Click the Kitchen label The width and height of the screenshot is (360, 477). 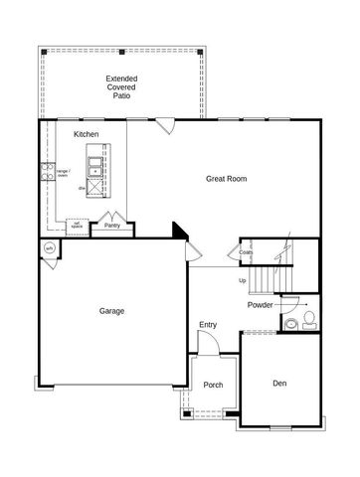[x=86, y=133]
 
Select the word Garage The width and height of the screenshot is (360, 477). [x=111, y=310]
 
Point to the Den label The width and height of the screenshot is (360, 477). [x=279, y=383]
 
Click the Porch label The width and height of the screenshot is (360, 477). [x=213, y=385]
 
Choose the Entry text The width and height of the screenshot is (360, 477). [x=207, y=324]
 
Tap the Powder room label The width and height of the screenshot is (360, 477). [x=261, y=305]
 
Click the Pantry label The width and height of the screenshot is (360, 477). [x=113, y=226]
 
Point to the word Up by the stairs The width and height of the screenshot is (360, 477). [x=242, y=279]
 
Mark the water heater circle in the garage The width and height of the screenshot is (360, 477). [x=49, y=248]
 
